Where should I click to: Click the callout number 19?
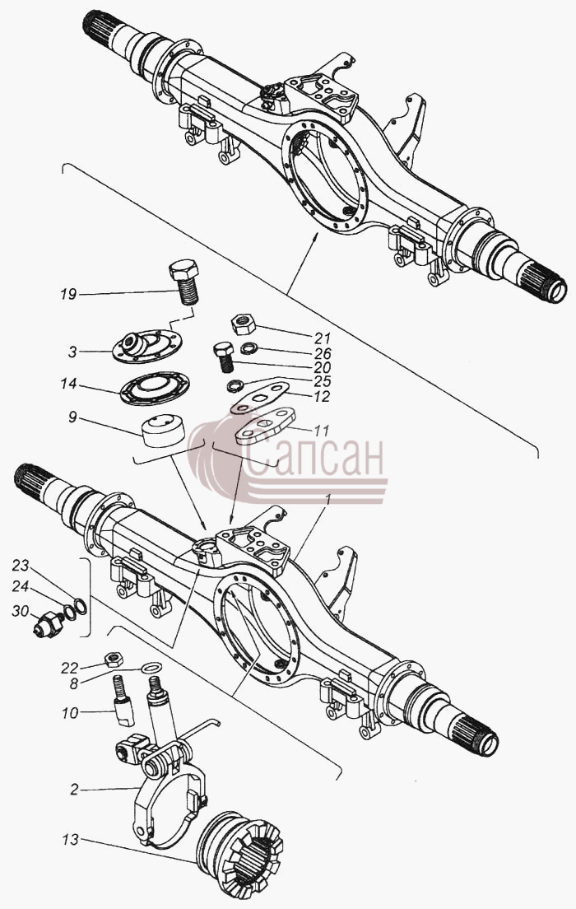68,295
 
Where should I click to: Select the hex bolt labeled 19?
184,282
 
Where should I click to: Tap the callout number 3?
72,352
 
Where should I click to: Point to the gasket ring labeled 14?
156,387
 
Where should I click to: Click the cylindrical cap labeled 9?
164,430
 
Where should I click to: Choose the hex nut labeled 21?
244,324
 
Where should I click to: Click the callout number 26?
323,353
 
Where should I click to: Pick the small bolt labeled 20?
225,357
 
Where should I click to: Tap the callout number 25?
323,381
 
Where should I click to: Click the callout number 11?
321,431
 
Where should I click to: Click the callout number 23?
21,565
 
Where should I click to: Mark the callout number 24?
21,587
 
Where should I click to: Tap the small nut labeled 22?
113,659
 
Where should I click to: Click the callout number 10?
70,713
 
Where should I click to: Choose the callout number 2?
74,790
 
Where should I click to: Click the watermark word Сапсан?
316,458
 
